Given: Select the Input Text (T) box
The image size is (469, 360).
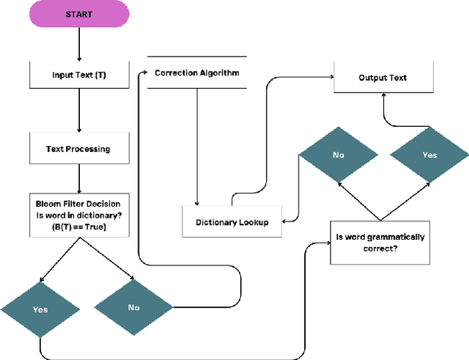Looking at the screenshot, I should point(78,74).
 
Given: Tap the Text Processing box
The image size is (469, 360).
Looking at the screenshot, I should point(78,148).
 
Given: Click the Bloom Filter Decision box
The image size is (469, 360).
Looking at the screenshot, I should point(78,214).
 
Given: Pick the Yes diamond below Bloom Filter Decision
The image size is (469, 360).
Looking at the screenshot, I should point(40,309).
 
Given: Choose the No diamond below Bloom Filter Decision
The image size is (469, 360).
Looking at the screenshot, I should point(133,307).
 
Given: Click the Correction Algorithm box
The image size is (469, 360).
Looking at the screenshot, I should point(196,73).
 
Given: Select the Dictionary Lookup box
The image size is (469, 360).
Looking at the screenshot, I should point(232,221).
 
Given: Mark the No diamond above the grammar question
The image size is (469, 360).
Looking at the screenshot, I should point(338,155).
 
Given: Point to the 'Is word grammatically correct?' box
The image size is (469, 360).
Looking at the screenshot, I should point(380,243).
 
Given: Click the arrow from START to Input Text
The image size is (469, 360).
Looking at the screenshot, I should point(78,47).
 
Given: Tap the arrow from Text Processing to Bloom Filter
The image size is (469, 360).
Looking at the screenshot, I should point(78,177).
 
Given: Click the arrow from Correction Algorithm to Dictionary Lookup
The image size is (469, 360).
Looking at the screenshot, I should point(196,147).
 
